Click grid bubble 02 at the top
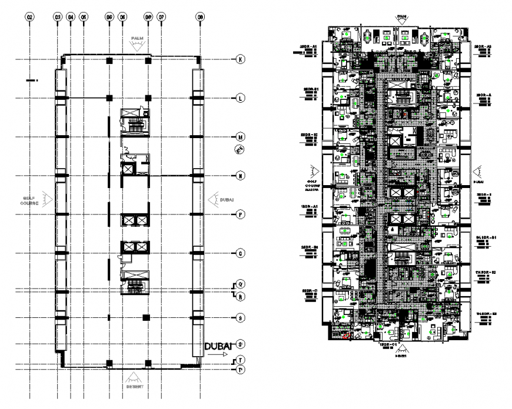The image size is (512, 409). pos(29,18)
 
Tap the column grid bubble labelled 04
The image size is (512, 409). pos(71,18)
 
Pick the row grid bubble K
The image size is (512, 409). pos(240,59)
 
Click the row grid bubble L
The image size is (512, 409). pos(240,98)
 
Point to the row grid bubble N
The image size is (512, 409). pos(240,176)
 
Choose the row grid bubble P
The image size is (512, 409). pos(240,214)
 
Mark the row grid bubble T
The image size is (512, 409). pos(240,360)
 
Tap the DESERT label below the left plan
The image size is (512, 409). pos(136,385)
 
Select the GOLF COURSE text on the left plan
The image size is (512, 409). pos(31,201)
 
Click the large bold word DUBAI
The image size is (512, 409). pos(220,346)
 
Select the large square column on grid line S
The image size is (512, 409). pos(147,318)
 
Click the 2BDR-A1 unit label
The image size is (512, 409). pos(309,46)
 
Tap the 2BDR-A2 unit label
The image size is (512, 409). pos(484,46)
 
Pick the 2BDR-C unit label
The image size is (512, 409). pos(309,291)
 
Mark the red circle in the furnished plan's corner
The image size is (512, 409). pos(345,337)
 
